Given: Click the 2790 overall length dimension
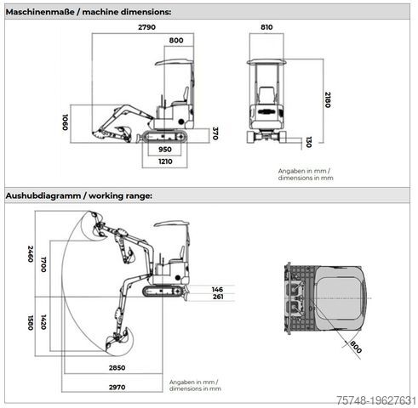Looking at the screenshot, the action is tap(146, 27).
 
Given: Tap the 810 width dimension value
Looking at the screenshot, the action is tap(266, 27).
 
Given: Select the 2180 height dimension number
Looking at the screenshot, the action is tap(328, 99).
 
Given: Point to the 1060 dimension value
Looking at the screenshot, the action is tap(65, 122).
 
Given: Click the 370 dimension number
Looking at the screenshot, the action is tap(215, 133).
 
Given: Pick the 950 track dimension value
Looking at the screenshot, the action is tap(164, 150).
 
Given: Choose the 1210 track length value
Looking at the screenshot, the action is tap(165, 161).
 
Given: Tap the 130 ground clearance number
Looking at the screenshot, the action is tap(309, 142).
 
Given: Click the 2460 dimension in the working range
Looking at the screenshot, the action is tap(31, 254).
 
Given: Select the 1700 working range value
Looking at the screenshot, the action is tap(43, 264).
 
